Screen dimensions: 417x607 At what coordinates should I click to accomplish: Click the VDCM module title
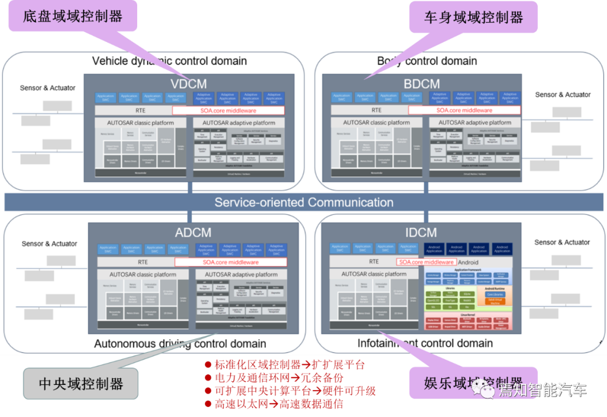[189, 84]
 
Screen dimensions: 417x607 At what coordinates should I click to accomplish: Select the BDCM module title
[422, 84]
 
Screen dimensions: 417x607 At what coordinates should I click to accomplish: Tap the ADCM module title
[193, 232]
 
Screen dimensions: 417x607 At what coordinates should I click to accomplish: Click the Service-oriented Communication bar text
[303, 202]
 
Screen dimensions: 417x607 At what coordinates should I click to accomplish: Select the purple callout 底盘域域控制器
[73, 16]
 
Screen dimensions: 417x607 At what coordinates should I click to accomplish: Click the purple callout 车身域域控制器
[473, 17]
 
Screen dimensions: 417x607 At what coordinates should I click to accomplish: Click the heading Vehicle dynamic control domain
[169, 61]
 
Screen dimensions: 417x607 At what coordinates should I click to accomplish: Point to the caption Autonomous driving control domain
[180, 343]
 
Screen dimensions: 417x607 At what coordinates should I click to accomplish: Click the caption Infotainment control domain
[425, 343]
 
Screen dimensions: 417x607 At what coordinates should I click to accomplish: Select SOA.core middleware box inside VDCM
[228, 111]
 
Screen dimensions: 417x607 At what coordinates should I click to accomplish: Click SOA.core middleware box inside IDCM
[427, 262]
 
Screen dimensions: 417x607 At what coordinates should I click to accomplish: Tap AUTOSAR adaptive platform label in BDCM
[475, 123]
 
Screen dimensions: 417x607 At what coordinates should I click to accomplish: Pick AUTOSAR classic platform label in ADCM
[142, 275]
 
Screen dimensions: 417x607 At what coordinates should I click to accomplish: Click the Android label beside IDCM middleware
[468, 262]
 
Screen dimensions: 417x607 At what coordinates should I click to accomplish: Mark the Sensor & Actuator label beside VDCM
[48, 88]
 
